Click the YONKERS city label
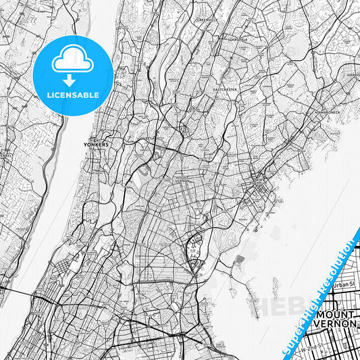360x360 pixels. point(96,145)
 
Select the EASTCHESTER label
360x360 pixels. point(226,88)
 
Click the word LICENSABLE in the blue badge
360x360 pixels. point(72,95)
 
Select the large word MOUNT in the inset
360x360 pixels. point(335,315)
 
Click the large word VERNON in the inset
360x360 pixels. point(339,324)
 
